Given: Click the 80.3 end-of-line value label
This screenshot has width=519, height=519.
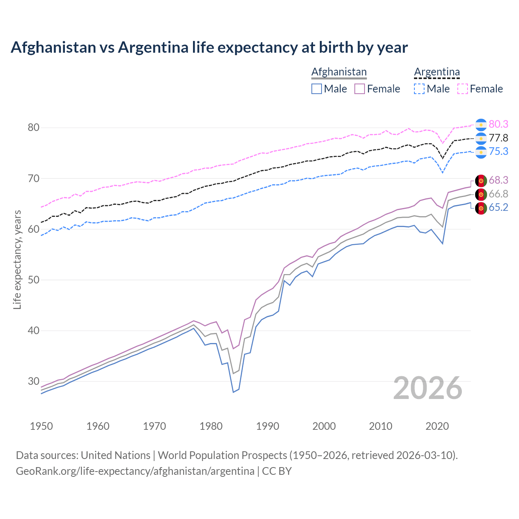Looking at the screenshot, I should point(498,124).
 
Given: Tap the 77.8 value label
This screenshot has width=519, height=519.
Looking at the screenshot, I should point(498,138).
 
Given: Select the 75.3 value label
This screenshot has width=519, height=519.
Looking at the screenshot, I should point(498,151).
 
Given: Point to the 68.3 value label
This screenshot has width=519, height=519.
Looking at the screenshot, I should point(498,180).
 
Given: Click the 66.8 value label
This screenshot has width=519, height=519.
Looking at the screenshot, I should point(498,194).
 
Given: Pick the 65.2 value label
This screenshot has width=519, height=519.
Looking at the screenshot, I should point(498,208).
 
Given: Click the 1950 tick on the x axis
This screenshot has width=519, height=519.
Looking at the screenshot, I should point(42,426).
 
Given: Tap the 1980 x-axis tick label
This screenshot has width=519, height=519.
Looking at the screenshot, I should point(211,426).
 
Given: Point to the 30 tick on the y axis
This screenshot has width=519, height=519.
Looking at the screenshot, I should point(34,381).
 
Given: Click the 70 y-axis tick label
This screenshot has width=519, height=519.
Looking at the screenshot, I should point(34,178).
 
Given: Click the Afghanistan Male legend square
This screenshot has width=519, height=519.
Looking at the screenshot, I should point(317,89).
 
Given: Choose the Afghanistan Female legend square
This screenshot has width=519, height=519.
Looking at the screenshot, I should point(360,89).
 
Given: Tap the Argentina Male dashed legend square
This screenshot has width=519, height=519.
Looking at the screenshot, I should point(419,89).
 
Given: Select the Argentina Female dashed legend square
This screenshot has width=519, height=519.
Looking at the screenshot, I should point(463,89).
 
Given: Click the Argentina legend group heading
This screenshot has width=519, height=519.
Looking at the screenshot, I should point(437,72).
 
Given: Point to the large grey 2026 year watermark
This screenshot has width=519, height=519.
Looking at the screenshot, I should point(428,388).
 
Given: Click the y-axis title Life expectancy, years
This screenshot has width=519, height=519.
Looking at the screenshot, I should point(17,259).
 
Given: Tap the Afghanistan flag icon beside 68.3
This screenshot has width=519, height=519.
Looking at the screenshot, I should point(481,180).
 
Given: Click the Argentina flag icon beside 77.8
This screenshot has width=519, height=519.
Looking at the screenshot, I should point(481,138).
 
